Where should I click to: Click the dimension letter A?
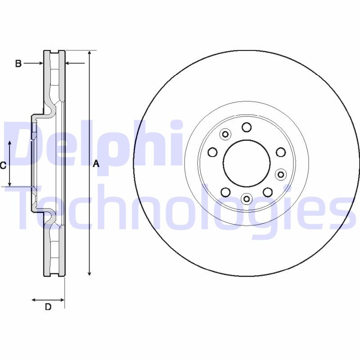95,165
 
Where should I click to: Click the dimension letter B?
18,63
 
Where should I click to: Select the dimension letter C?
3,165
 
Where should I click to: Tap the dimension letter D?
48,307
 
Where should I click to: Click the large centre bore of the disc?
247,162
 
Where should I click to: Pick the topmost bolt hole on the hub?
246,127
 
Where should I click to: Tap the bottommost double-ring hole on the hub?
247,198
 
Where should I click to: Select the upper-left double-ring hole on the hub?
225,134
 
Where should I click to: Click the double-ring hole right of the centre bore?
281,174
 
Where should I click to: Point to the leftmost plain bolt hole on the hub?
212,152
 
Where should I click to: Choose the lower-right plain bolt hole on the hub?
268,192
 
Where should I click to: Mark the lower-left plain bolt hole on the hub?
225,192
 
